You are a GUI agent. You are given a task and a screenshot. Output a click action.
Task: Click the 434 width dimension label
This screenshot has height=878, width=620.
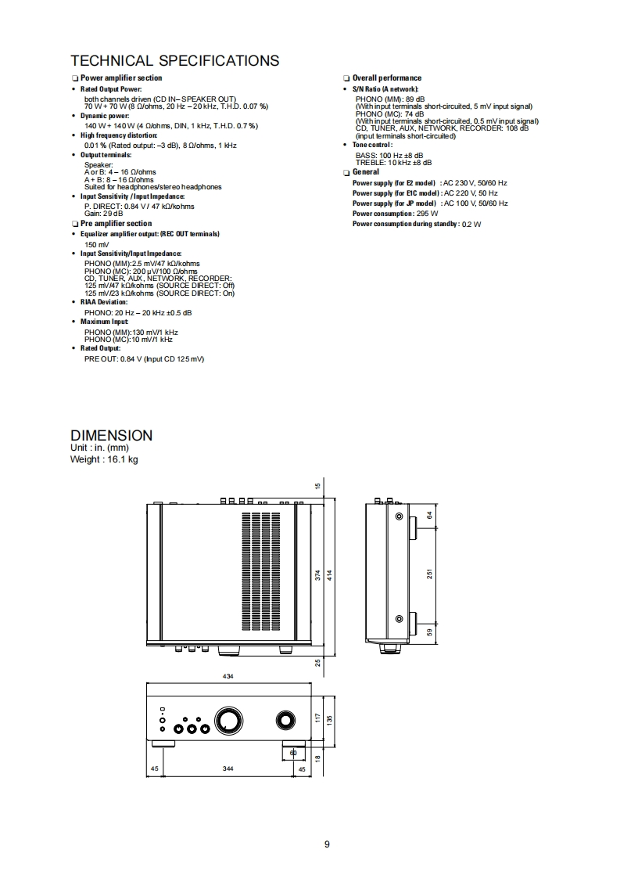(228, 675)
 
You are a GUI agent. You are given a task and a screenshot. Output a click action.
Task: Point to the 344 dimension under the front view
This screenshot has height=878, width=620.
(228, 769)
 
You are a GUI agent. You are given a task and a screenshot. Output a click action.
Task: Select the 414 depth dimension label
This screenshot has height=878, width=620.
(330, 574)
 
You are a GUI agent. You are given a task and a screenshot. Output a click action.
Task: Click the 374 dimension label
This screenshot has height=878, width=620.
(318, 574)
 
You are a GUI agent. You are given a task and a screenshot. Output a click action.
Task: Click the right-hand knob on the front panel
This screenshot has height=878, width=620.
(283, 720)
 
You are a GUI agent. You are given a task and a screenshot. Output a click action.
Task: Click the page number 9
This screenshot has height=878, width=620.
(327, 844)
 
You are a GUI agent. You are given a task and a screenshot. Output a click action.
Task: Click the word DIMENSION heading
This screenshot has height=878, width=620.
(111, 435)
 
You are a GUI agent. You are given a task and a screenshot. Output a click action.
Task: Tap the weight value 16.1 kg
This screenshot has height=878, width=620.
(120, 459)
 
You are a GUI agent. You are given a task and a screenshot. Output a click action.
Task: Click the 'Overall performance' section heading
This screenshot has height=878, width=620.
(386, 78)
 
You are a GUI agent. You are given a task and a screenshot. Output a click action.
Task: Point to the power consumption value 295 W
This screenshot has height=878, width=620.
(428, 214)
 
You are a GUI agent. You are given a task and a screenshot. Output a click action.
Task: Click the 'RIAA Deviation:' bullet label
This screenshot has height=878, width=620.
(103, 302)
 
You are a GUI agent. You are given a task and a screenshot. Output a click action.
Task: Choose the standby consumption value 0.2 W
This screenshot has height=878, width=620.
(471, 225)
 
